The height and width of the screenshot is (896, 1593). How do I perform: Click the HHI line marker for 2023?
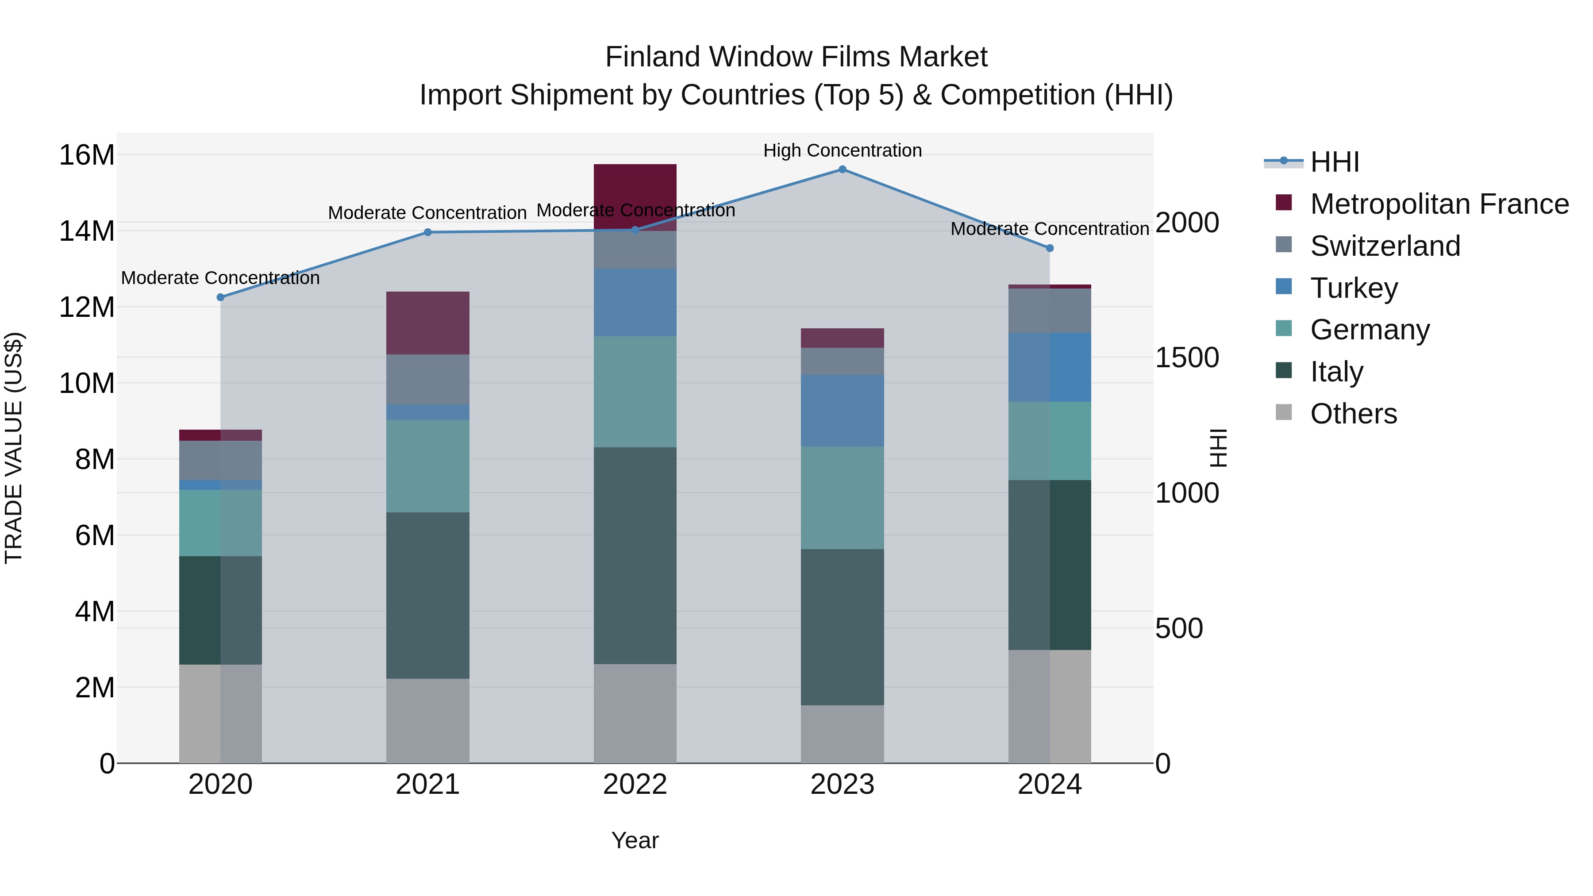[x=842, y=169]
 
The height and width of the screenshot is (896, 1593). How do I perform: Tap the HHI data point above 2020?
[x=220, y=297]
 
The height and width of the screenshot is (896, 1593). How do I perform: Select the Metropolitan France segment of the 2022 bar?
[x=635, y=196]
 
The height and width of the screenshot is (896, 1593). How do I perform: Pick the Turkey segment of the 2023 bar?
[x=842, y=411]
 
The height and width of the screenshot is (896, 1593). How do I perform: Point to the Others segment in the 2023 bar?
[x=842, y=734]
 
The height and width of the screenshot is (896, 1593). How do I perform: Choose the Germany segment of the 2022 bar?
[x=635, y=392]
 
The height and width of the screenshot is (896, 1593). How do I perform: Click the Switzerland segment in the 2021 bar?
[x=427, y=379]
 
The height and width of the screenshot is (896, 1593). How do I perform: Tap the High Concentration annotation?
[x=842, y=151]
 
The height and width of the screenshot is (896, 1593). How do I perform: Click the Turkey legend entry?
[x=1354, y=288]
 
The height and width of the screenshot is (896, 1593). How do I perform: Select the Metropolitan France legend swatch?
[x=1284, y=203]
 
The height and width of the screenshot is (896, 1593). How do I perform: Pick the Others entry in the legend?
[x=1353, y=414]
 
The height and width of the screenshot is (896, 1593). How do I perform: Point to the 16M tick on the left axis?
[x=87, y=154]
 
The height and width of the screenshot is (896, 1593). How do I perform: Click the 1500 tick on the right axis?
[x=1187, y=358]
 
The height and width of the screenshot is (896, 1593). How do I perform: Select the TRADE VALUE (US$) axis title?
[x=14, y=448]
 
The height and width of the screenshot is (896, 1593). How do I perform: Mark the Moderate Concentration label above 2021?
[x=427, y=213]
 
